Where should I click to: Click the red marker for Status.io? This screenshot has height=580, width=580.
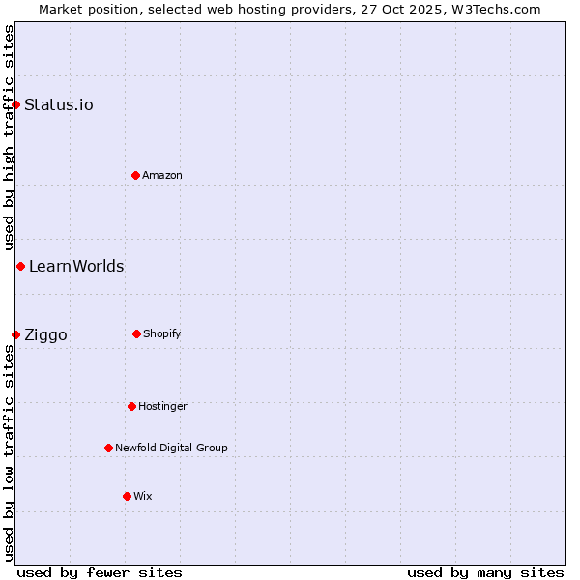[x=16, y=104]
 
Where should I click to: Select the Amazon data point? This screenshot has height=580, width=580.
[x=135, y=175]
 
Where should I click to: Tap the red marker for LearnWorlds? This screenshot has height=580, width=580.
[x=20, y=266]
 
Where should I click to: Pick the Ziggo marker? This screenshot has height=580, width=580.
[x=16, y=334]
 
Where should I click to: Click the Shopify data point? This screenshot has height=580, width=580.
[x=136, y=333]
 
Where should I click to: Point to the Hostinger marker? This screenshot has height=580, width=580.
[x=131, y=406]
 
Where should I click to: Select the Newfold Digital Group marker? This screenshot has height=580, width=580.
[x=108, y=448]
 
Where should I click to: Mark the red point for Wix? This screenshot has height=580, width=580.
[x=127, y=496]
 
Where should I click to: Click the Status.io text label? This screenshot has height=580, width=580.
[x=59, y=104]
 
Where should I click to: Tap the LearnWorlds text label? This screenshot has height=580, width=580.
[x=76, y=266]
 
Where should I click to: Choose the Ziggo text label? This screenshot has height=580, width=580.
[x=45, y=334]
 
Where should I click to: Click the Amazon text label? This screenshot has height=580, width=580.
[x=162, y=175]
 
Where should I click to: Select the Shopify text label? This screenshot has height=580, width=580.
[x=162, y=333]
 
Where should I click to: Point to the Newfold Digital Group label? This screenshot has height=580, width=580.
[x=171, y=448]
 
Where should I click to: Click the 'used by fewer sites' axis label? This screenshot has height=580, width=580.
[x=100, y=572]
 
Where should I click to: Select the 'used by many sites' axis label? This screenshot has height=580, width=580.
[x=485, y=572]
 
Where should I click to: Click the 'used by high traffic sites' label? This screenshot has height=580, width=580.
[x=9, y=138]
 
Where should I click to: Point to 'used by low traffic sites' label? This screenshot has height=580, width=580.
[x=9, y=451]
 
